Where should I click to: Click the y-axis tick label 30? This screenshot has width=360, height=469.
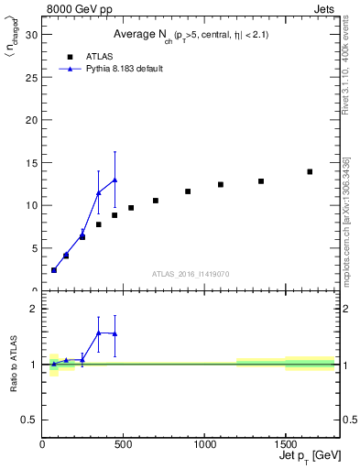(x=32, y=35)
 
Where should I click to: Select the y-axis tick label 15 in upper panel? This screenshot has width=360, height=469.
(x=32, y=163)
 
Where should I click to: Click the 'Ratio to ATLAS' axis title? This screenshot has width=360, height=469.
(x=15, y=364)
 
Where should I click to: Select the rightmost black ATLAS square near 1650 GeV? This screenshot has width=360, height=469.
(x=310, y=171)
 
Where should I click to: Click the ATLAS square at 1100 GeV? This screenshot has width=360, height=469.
(x=221, y=184)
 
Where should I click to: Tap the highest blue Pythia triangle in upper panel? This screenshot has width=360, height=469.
(x=115, y=180)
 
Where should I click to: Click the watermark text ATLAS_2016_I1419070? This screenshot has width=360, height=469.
(x=191, y=274)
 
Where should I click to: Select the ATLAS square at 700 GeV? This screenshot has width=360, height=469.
(x=156, y=201)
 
